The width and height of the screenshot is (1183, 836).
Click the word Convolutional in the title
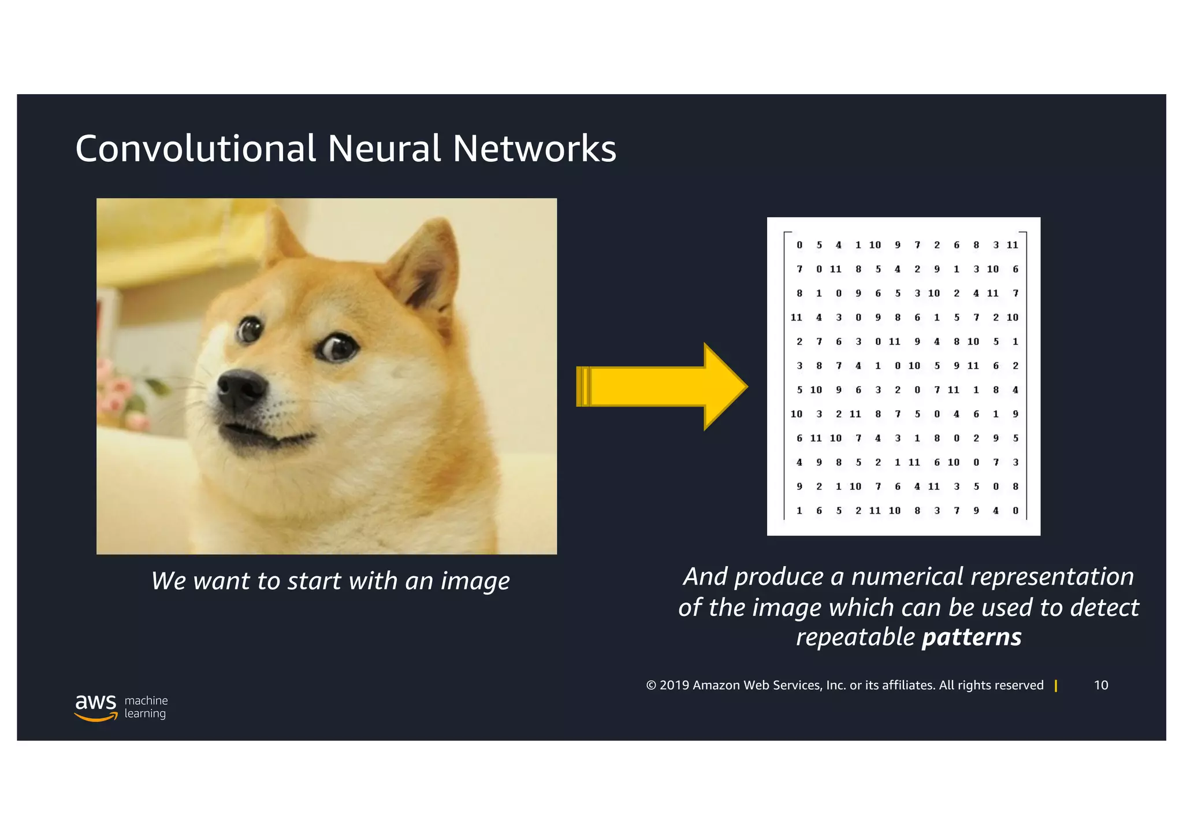point(195,148)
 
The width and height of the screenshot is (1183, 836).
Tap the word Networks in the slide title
point(534,148)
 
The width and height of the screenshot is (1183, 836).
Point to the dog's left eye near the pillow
point(250,329)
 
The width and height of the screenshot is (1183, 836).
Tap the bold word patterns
point(972,637)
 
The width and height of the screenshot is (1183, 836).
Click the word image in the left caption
point(475,581)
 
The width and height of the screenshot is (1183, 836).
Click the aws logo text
point(95,702)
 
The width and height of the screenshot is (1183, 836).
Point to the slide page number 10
point(1100,685)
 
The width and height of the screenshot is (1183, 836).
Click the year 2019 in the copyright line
point(674,685)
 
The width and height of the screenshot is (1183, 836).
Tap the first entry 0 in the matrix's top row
point(799,245)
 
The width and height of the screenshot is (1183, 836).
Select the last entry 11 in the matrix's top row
point(1012,245)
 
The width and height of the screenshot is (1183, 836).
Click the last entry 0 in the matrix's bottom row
point(1015,511)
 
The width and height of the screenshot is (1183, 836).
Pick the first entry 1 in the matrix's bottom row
point(799,511)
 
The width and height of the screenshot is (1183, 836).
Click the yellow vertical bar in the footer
point(1056,686)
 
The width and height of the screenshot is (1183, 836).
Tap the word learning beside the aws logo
point(145,714)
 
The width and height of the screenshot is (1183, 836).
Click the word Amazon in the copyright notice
point(716,685)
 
